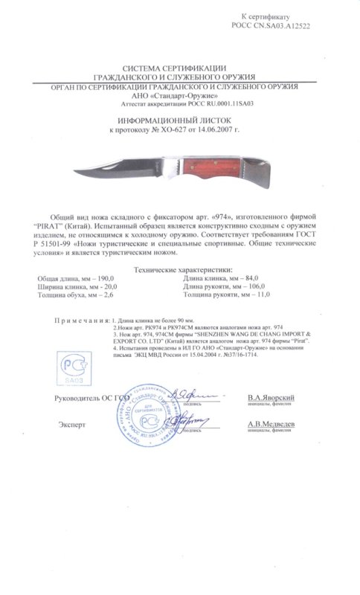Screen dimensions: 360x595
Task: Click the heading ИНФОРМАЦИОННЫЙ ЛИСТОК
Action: (x=183, y=118)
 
